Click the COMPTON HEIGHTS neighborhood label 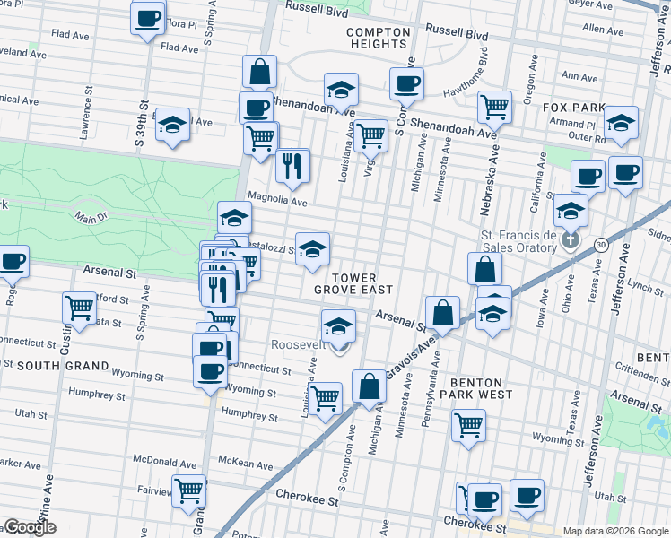tap(378, 38)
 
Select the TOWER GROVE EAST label tap(353, 283)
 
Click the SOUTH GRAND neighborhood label tap(63, 366)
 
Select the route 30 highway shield tap(600, 244)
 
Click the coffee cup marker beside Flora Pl tap(148, 18)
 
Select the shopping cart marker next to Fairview tap(189, 491)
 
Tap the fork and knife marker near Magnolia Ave tap(293, 164)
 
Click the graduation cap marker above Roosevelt tap(338, 325)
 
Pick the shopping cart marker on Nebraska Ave tap(493, 107)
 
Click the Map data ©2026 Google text tap(615, 531)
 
